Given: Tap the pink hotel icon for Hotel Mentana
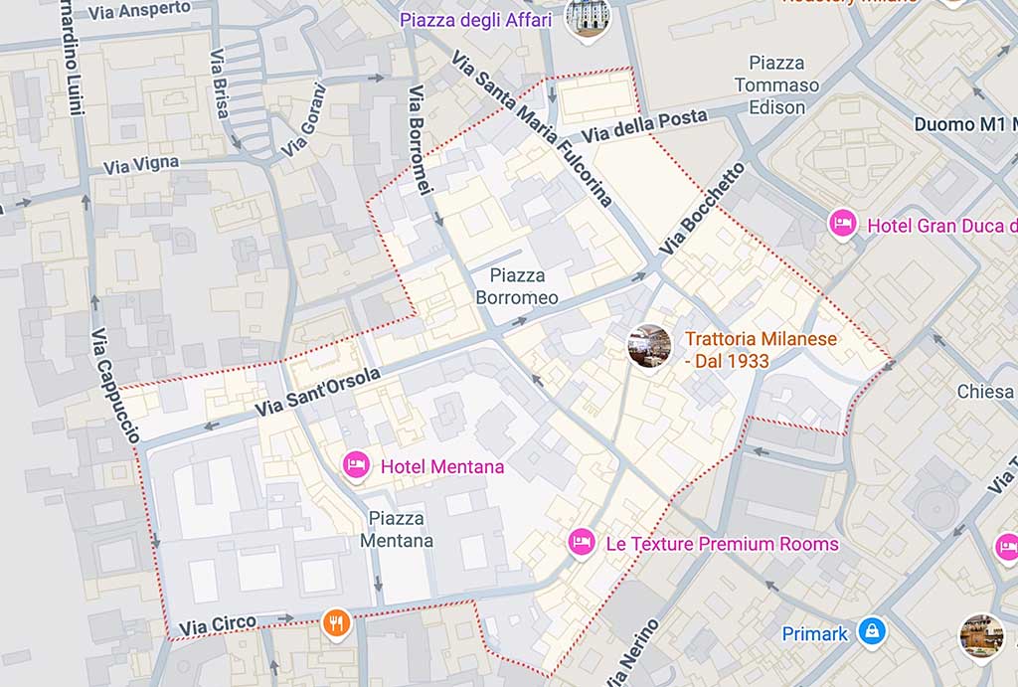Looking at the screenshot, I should (357, 464).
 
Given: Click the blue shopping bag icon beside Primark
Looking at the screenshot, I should (872, 631).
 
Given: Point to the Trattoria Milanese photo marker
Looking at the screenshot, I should (649, 346).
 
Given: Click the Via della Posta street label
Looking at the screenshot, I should (644, 126).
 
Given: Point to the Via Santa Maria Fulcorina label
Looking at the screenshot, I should (531, 128).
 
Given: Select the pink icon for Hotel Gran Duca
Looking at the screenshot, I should (843, 224).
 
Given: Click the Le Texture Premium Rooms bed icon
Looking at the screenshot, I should (582, 542).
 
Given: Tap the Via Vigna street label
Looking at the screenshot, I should (141, 164).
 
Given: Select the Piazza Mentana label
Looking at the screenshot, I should (397, 530).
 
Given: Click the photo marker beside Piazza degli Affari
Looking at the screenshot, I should (587, 17).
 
